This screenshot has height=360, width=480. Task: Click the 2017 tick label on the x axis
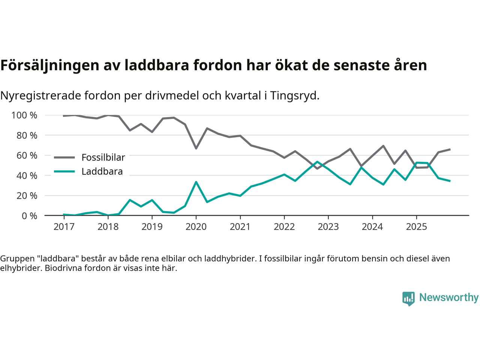click(64, 227)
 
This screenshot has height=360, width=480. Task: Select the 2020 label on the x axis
click(196, 227)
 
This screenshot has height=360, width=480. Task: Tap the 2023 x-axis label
click(328, 227)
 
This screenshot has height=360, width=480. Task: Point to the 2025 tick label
click(416, 227)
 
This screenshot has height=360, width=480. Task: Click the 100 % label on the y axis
click(24, 115)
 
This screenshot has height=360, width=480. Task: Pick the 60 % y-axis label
click(27, 155)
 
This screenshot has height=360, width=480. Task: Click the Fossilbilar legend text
click(103, 157)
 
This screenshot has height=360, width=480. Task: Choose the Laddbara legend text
click(102, 172)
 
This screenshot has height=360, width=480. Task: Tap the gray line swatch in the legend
click(64, 157)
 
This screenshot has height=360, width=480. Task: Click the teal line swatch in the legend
click(64, 172)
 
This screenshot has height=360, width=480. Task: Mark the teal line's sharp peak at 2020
click(196, 182)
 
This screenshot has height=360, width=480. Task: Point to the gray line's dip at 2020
click(196, 148)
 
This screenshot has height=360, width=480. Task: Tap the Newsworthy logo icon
click(408, 298)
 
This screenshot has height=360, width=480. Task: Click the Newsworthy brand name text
click(449, 297)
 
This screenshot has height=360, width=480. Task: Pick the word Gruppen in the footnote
click(16, 258)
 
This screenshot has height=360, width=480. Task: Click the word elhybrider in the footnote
click(21, 268)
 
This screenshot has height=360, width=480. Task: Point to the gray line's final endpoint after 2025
click(450, 149)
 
